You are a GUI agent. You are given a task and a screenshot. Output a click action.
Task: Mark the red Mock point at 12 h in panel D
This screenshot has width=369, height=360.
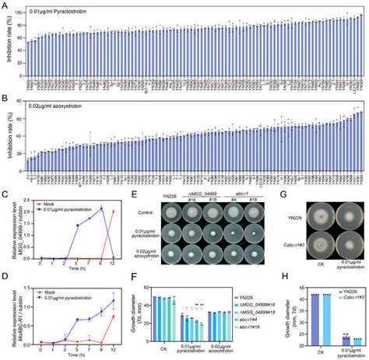[114, 316]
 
